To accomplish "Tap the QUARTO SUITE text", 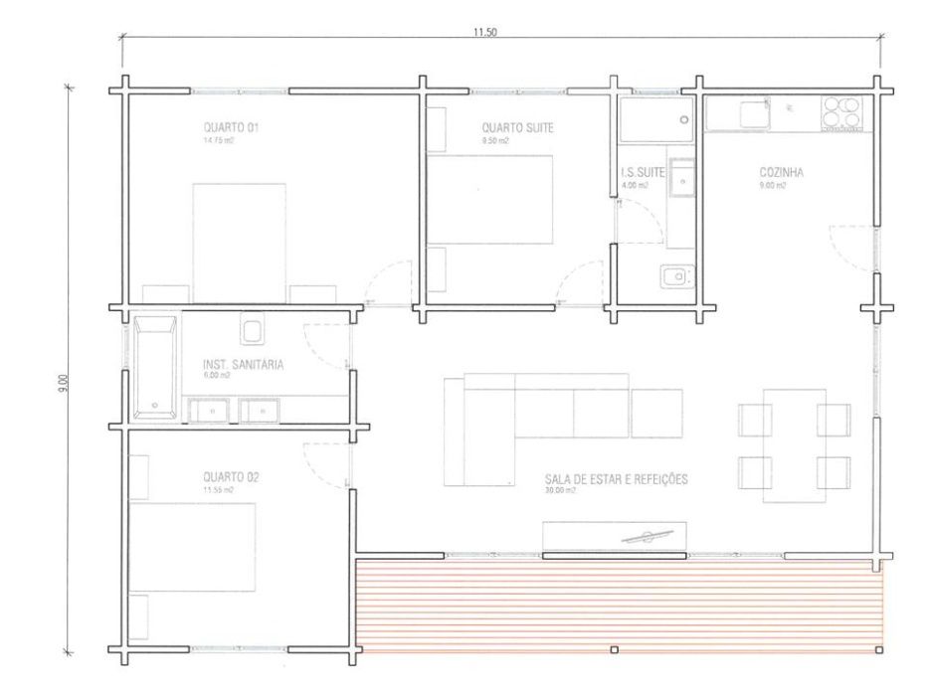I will pyautogui.click(x=517, y=128).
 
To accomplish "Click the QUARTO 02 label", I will pyautogui.click(x=231, y=477).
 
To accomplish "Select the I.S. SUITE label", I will pyautogui.click(x=642, y=173).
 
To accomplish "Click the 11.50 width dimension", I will pyautogui.click(x=485, y=32).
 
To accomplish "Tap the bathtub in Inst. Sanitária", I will pyautogui.click(x=154, y=367).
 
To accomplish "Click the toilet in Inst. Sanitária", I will pyautogui.click(x=251, y=328).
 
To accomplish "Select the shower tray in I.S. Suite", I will pyautogui.click(x=653, y=120).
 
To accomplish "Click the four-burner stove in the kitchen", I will pyautogui.click(x=841, y=113).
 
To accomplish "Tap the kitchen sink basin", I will pyautogui.click(x=753, y=113).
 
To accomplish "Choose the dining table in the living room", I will pyautogui.click(x=794, y=444).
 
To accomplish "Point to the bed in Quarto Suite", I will pyautogui.click(x=489, y=199).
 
